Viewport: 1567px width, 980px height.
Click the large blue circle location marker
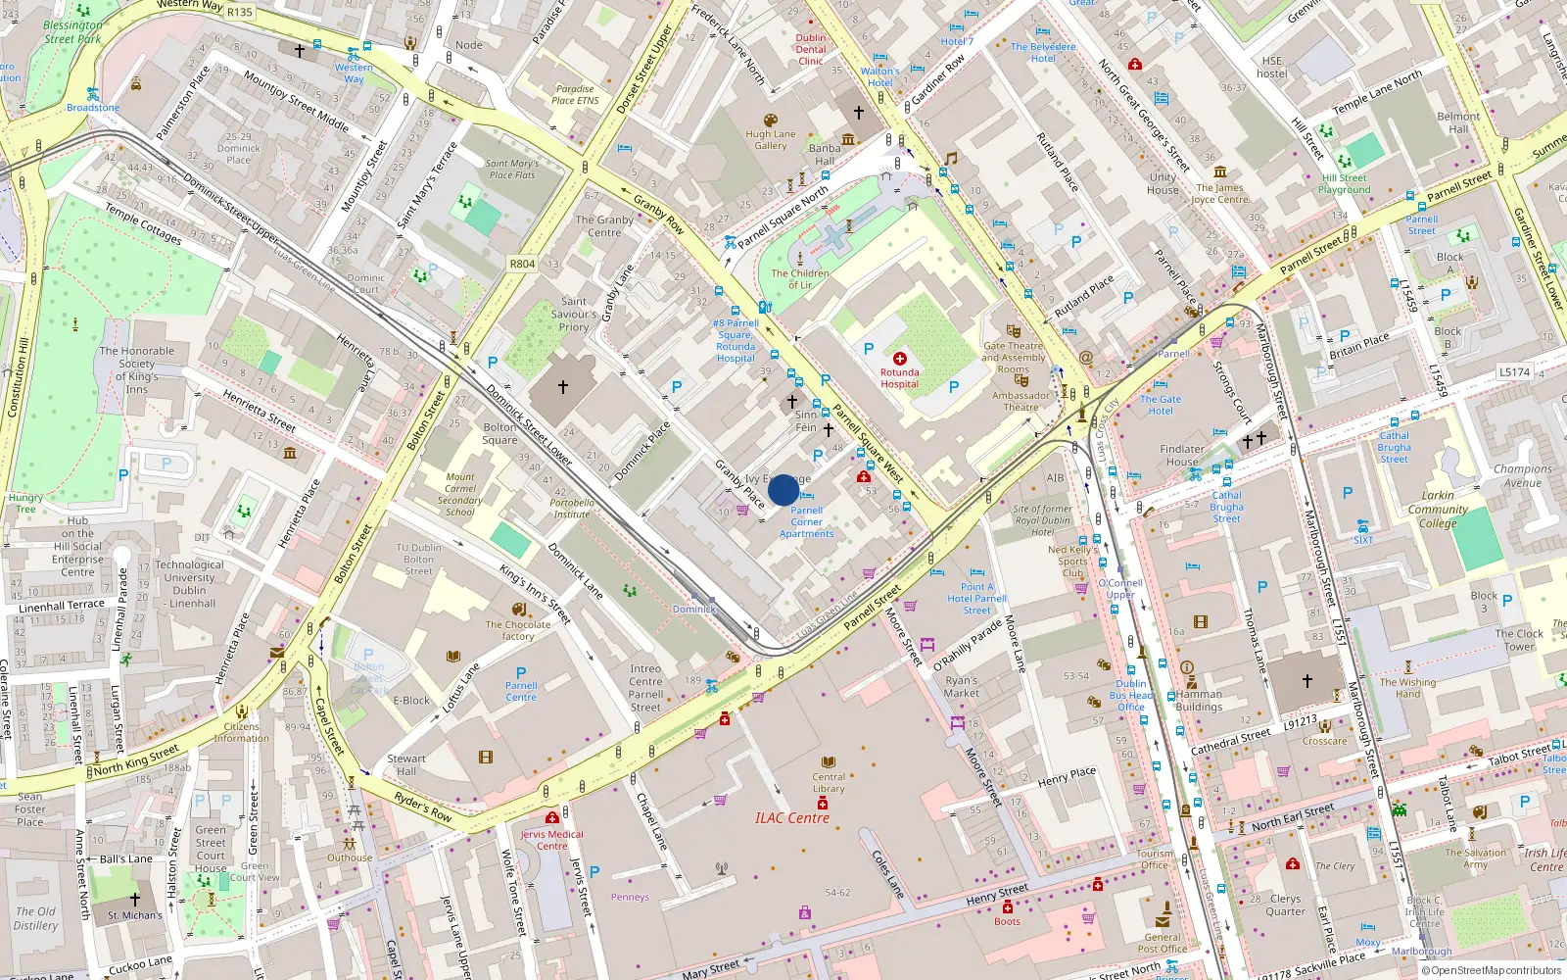783,490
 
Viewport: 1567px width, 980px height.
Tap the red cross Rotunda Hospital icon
899,359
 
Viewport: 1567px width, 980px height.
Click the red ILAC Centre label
791,818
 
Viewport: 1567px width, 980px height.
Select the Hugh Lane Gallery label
771,140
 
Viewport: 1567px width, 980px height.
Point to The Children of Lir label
799,279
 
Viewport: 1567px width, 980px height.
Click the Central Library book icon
829,762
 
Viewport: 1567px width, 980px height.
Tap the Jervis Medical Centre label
551,840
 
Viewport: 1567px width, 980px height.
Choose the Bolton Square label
500,433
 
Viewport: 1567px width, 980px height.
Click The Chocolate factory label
518,630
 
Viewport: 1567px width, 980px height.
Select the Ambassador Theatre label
1021,402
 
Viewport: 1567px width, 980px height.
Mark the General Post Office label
1163,943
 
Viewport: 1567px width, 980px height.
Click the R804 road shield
522,264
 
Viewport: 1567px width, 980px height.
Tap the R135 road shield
239,12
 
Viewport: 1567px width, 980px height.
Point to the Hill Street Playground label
1344,184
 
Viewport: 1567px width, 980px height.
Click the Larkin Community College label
1438,509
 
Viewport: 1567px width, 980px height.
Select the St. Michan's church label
135,915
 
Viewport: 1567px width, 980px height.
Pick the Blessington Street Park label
72,32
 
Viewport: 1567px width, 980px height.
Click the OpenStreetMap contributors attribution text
1492,970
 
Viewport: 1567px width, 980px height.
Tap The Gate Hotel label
1161,405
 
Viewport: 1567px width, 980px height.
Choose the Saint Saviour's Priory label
574,314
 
